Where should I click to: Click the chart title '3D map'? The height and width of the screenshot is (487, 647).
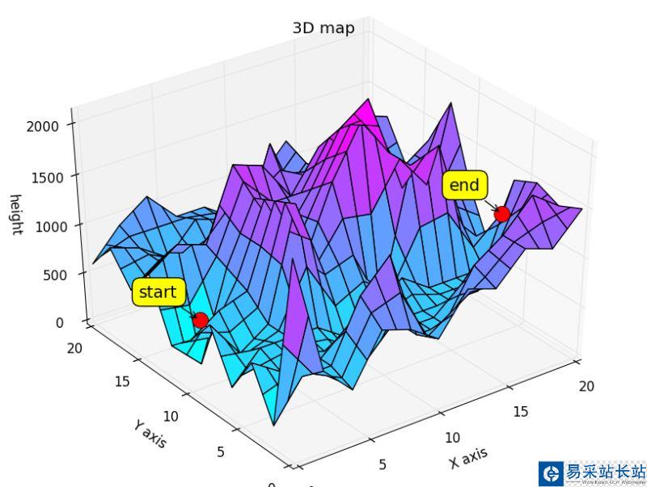[x=323, y=28]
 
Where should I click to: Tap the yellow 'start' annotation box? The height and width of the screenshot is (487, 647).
[x=158, y=292]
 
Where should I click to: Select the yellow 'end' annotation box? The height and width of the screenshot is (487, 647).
[x=464, y=186]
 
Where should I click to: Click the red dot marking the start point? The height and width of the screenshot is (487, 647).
[x=201, y=321]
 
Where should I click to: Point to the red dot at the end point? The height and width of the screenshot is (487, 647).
[x=501, y=214]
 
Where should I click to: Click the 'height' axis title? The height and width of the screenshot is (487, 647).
[x=15, y=215]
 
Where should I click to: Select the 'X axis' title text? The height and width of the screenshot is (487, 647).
[x=468, y=458]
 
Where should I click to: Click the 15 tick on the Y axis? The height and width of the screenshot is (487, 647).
[x=122, y=380]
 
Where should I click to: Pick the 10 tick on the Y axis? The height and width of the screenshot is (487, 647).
[x=171, y=417]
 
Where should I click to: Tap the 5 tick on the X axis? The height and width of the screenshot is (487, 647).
[x=383, y=464]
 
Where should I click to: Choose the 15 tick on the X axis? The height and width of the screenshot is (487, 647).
[x=520, y=412]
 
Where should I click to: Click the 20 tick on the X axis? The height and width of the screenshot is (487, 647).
[x=586, y=386]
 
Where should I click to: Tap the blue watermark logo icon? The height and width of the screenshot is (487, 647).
[x=551, y=473]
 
